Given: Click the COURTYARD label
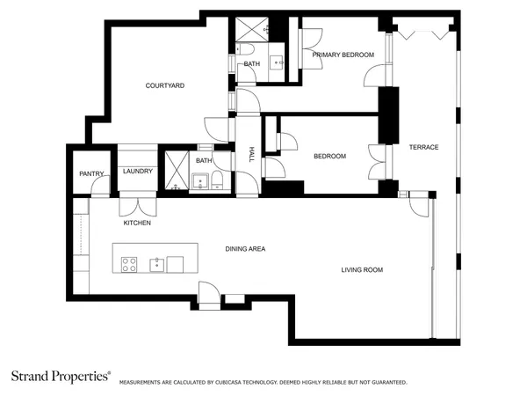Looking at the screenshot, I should [x=163, y=85].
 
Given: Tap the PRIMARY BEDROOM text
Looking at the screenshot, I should [x=343, y=55].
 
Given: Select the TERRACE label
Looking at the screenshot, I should [x=423, y=147].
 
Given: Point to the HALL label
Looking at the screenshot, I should [x=251, y=154].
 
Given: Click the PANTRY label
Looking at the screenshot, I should [x=91, y=173].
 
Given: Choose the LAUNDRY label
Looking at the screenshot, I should [x=138, y=171].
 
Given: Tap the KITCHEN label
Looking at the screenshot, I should [x=137, y=223].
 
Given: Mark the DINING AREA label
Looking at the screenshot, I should [x=245, y=249].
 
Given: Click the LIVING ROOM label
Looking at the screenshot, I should [x=362, y=269].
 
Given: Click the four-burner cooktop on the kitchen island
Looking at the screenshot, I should [x=128, y=263].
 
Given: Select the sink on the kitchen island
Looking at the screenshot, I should [x=156, y=263].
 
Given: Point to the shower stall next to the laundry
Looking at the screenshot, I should [x=177, y=172].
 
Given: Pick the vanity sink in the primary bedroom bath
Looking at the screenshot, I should [x=276, y=61].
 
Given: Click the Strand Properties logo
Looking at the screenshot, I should [x=60, y=376].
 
